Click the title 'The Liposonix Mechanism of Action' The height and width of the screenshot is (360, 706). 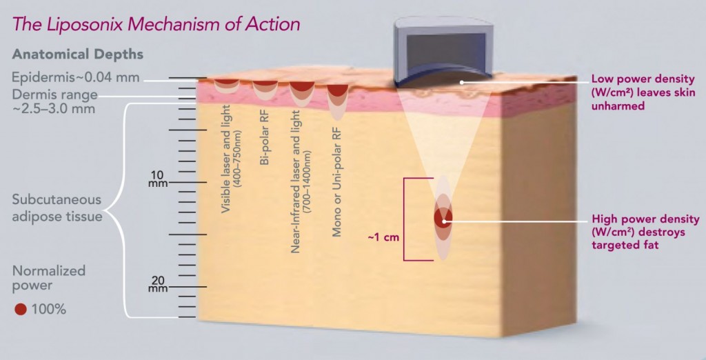point(156,24)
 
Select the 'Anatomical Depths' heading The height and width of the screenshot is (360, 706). point(77,54)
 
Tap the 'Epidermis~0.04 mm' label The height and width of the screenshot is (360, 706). point(75,77)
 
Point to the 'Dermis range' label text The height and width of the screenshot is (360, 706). point(54,94)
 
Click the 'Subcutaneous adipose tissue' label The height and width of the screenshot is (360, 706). point(57,208)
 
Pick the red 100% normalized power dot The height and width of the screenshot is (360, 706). point(20,309)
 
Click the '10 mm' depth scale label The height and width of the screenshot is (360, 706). point(158,179)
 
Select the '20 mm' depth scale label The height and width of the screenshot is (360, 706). point(158,284)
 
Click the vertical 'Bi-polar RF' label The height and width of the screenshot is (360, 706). point(265,137)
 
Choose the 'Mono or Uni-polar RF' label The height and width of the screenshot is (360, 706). point(336,182)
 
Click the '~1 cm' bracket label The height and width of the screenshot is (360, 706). point(383,237)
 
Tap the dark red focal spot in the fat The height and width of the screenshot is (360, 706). point(443,218)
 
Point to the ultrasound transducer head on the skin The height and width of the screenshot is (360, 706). point(441,52)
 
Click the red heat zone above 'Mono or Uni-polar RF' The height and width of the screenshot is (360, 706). point(337,90)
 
